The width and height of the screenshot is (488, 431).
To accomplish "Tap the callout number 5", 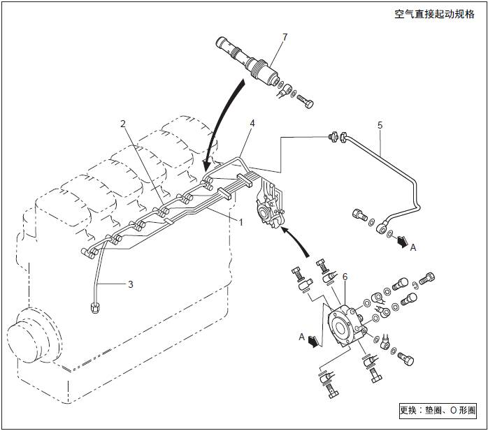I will [x=380, y=126].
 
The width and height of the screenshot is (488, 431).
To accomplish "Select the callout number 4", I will [x=252, y=123].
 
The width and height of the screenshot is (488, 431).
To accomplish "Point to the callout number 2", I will [x=122, y=124].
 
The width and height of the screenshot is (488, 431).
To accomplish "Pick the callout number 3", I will [x=129, y=284].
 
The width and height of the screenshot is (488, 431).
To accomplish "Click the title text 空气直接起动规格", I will [x=433, y=14].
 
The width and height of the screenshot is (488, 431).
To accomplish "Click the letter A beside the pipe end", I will [x=414, y=247].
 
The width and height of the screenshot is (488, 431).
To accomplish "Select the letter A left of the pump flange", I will [x=302, y=337].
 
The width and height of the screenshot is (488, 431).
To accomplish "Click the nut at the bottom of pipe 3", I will [x=94, y=306].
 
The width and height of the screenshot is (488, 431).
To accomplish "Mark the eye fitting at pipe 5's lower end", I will [x=382, y=228].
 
